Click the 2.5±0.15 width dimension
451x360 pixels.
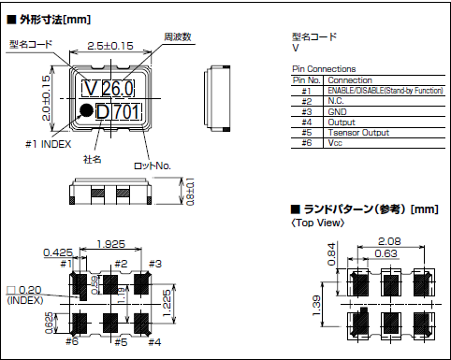[109, 45]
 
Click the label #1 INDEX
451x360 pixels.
[43, 143]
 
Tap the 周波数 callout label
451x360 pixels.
[178, 36]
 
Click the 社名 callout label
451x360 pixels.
[93, 159]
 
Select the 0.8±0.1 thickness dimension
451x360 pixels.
[191, 193]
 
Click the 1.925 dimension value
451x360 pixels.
[113, 245]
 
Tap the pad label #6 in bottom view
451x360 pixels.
[72, 341]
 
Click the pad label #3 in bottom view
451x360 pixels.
[155, 264]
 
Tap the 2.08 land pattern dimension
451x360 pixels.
[391, 241]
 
